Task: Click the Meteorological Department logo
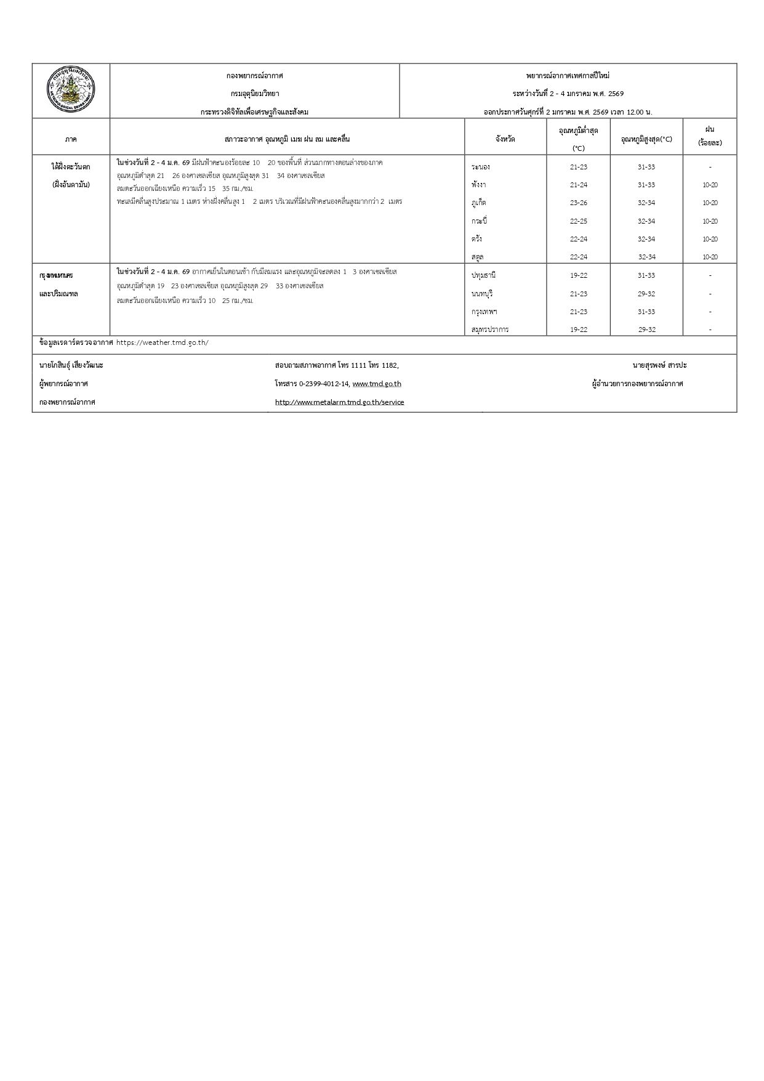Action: click(x=71, y=91)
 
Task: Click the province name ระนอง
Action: click(x=480, y=167)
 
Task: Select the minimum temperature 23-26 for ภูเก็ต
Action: click(x=578, y=203)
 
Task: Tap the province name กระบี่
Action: click(x=479, y=221)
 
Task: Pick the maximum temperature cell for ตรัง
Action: click(x=646, y=239)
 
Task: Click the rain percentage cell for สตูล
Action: click(x=710, y=257)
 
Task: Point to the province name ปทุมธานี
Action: click(x=483, y=275)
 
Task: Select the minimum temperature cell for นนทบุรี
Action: click(x=578, y=294)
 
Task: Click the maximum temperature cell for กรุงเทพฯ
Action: click(x=646, y=312)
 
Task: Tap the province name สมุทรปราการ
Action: click(x=490, y=330)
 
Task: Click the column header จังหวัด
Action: click(x=505, y=139)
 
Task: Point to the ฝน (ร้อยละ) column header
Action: click(x=710, y=136)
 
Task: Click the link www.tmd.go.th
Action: click(x=377, y=384)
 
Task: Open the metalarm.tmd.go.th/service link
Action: click(x=339, y=402)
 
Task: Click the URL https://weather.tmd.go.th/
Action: click(x=162, y=342)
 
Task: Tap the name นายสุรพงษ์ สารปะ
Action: click(x=659, y=365)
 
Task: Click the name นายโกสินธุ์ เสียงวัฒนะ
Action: click(x=71, y=365)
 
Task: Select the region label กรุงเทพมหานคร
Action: click(x=56, y=275)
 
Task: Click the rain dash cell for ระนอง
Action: click(x=710, y=167)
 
